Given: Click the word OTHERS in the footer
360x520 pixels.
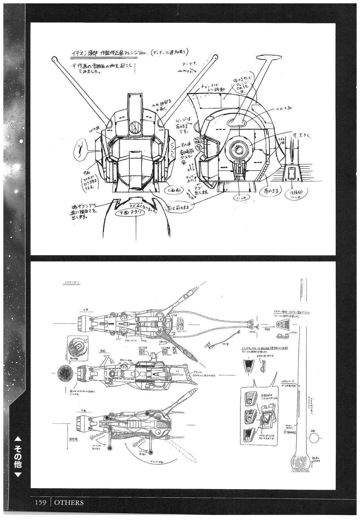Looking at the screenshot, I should (69, 502).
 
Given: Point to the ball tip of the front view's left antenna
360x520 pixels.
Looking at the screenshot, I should (54, 59).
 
